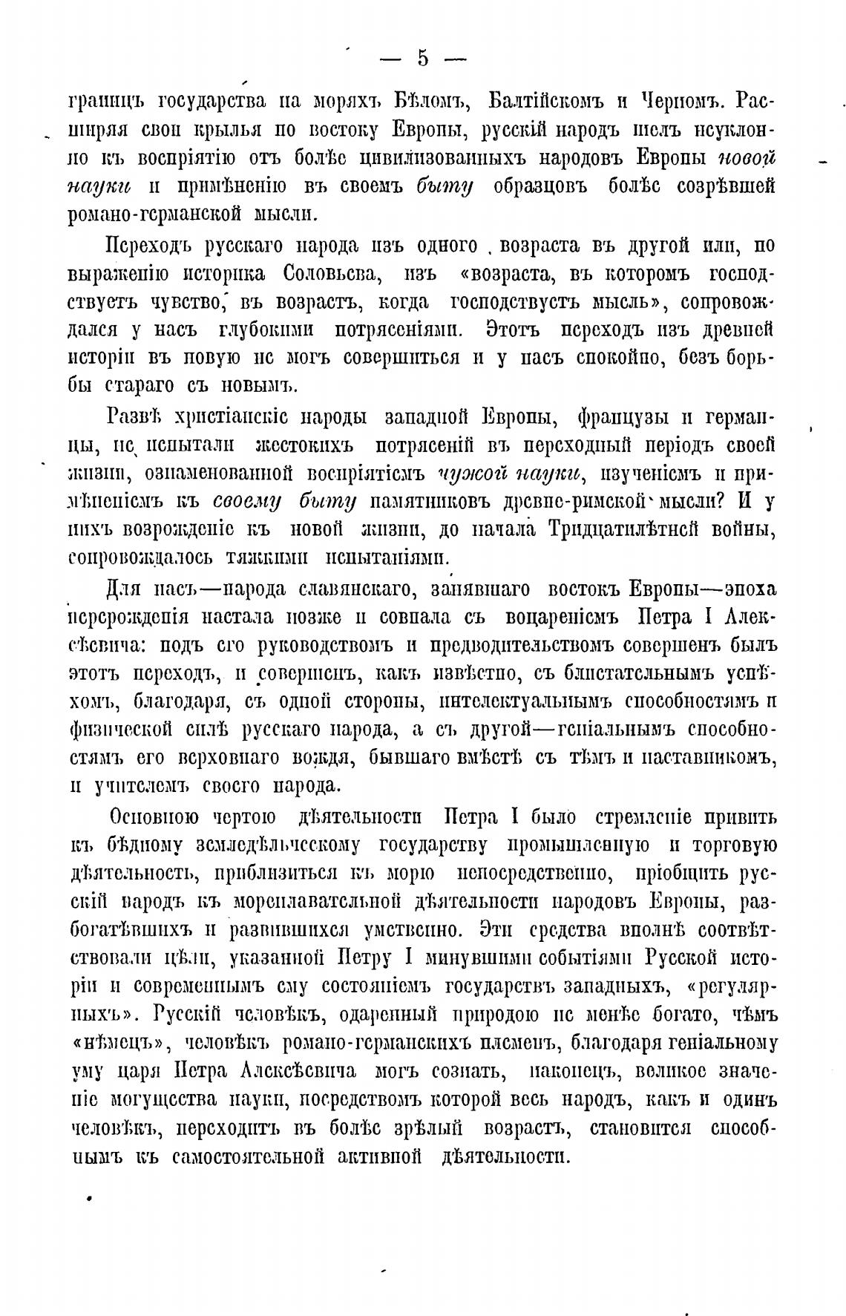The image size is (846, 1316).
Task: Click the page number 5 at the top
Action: point(422,58)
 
